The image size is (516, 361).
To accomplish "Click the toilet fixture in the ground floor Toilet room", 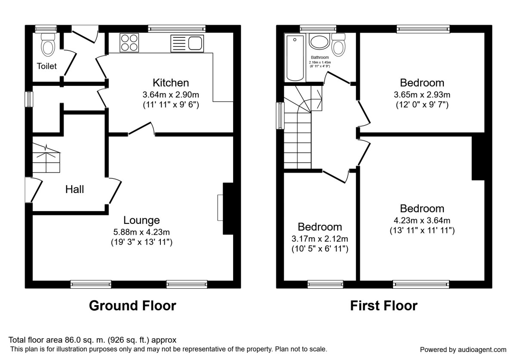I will coord(47,44).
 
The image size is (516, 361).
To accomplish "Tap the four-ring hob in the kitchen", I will coord(129,43).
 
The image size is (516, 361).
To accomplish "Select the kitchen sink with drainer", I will coord(187,43).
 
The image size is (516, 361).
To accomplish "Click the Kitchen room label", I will coord(171,83).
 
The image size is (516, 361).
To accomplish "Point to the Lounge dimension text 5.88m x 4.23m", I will coord(141,232).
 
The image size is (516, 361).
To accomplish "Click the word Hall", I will coord(74,189).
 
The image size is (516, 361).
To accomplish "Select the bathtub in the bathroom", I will coord(295,58).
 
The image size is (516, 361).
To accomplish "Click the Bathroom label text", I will coord(319,58).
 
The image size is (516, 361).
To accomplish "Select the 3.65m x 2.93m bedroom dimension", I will coord(422,95).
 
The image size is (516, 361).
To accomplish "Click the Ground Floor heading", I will coord(132,306).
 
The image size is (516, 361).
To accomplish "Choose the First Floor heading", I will coord(384,306).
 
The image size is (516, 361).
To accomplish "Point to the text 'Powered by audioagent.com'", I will coord(463,349).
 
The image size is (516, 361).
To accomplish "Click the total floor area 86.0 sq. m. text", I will coord(92,340).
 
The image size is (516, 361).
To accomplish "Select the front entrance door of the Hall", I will coord(34,190).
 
